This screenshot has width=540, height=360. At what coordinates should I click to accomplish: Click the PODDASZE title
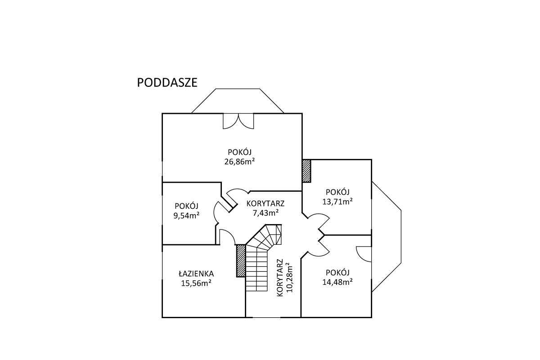[x=167, y=83]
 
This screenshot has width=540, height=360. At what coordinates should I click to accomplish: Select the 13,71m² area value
[x=337, y=202]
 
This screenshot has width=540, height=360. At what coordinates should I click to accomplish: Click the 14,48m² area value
[x=337, y=282]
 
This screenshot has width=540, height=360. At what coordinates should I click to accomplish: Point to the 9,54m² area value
[x=187, y=216]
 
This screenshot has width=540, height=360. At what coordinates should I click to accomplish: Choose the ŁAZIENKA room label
[x=196, y=273]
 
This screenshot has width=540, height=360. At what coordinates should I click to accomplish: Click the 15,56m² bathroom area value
[x=196, y=283]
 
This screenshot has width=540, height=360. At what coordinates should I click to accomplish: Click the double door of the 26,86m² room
[x=238, y=120]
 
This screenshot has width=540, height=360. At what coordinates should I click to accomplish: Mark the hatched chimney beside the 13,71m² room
[x=306, y=171]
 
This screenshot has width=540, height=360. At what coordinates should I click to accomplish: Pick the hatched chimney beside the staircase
[x=241, y=261]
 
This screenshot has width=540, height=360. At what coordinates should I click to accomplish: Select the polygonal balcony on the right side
[x=386, y=237]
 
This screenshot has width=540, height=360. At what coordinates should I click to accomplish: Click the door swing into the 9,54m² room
[x=217, y=211]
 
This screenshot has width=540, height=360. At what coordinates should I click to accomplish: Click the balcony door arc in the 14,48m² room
[x=364, y=253]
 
